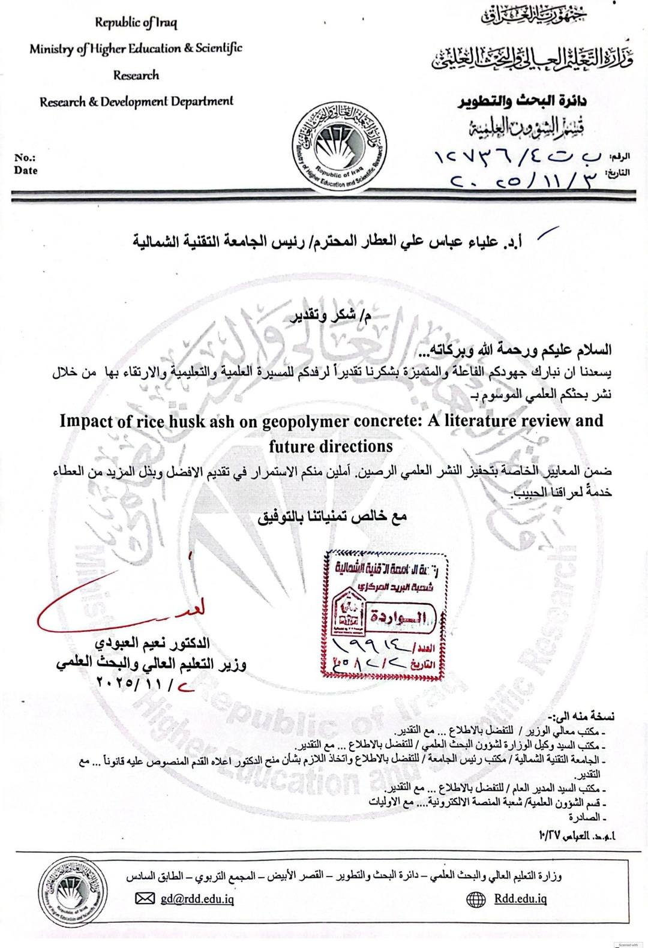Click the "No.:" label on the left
26,158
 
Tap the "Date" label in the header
26,170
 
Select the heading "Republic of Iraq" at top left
136,23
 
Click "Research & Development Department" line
136,101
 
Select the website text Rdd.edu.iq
520,898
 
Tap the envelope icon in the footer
145,898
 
